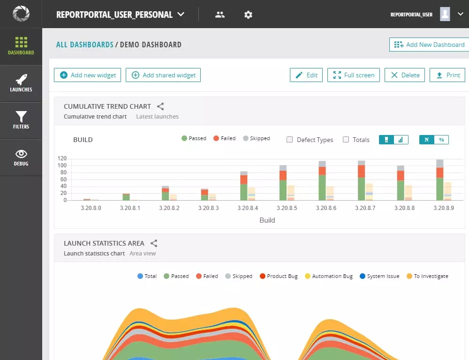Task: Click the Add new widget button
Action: tap(88, 75)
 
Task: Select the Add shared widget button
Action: tap(163, 75)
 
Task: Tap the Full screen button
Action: tap(354, 75)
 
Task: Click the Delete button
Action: tap(405, 75)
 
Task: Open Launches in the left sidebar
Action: tap(21, 83)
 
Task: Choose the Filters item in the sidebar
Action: tap(21, 120)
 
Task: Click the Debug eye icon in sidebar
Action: tap(21, 154)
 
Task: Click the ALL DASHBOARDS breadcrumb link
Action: tap(85, 45)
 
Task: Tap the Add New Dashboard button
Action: tap(429, 45)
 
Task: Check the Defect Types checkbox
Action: tap(290, 140)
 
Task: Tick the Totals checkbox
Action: tap(346, 140)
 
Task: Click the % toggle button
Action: tap(441, 140)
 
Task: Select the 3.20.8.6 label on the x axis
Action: tap(326, 208)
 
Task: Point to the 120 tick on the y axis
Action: tap(62, 158)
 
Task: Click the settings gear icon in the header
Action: tap(248, 15)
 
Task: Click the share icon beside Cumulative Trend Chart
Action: tap(160, 106)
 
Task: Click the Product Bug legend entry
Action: tap(279, 276)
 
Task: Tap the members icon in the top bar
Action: tap(220, 15)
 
